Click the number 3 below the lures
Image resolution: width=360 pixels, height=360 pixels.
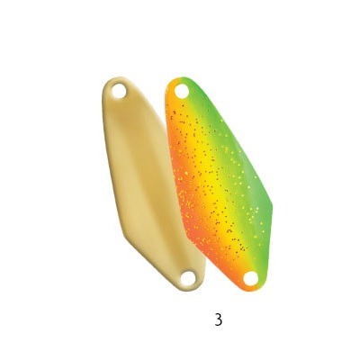pos(219,319)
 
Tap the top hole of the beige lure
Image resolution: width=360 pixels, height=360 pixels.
pos(119,91)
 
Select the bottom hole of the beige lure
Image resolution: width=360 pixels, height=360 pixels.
pos(188,278)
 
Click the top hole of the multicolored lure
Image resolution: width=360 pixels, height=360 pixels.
pos(182,91)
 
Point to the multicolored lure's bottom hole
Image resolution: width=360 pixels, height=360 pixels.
pos(250,278)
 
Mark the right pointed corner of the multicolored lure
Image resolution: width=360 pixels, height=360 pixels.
pos(273,206)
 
